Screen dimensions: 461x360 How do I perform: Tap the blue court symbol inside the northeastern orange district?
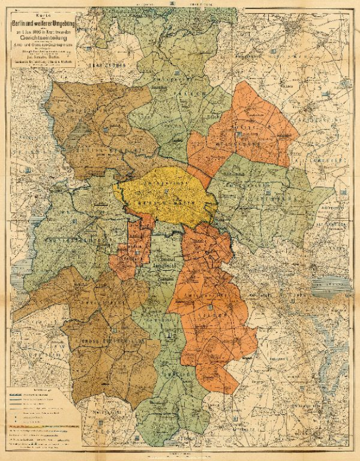coord(237,134)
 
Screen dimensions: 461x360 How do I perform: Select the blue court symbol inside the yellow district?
coord(166,189)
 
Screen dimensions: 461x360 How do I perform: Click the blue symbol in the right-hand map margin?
coord(344,191)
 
